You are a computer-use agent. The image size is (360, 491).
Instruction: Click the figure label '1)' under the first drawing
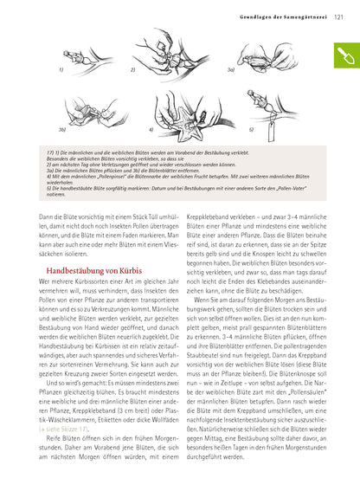click(61, 68)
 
